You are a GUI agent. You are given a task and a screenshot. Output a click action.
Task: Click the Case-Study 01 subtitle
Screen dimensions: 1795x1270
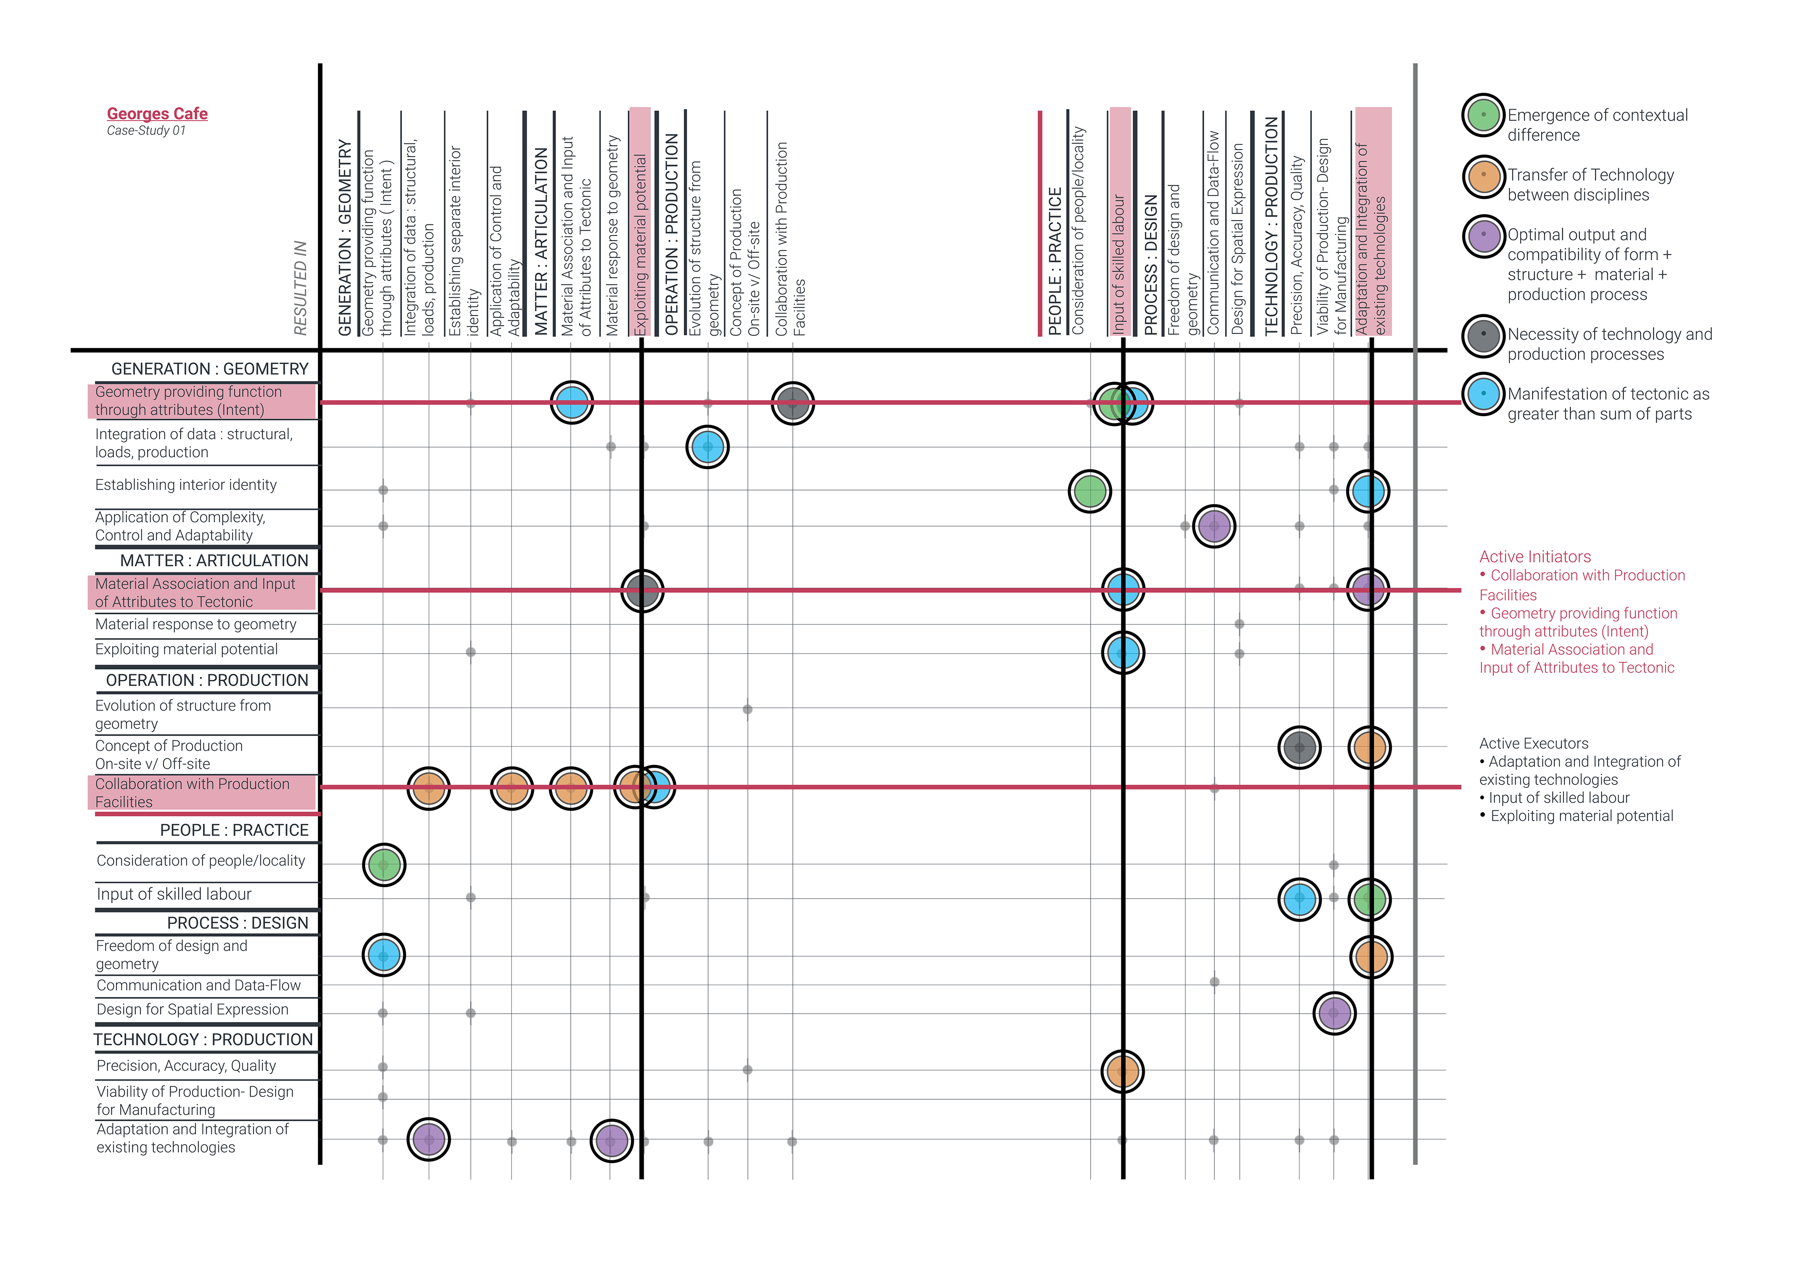point(146,130)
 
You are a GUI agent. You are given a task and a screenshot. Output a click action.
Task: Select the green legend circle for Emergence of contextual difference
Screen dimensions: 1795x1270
point(1483,115)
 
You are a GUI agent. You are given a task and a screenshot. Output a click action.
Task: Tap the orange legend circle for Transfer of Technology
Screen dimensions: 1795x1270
point(1483,175)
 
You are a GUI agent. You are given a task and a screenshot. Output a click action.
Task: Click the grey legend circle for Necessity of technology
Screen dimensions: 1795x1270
point(1483,335)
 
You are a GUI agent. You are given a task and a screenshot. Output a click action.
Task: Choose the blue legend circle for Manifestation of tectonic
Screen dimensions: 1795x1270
point(1483,394)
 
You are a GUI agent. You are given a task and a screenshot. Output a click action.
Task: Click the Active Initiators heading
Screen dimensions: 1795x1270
point(1535,557)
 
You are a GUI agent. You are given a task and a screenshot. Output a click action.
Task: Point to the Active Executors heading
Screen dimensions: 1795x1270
point(1533,743)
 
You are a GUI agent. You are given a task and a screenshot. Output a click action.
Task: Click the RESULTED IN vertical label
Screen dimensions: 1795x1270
point(300,288)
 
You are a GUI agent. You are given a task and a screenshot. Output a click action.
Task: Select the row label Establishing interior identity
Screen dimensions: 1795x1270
point(186,485)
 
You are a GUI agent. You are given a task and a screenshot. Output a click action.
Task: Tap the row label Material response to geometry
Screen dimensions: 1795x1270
point(195,624)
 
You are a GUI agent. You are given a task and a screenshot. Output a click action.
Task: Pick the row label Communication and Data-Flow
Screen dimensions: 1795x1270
point(199,985)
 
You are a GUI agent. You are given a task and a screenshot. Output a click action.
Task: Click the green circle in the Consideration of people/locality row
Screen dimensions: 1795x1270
point(384,865)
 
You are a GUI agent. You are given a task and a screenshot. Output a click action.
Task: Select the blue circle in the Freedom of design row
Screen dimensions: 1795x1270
point(384,955)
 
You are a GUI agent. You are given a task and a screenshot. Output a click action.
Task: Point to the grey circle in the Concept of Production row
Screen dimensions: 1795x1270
point(1300,748)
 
